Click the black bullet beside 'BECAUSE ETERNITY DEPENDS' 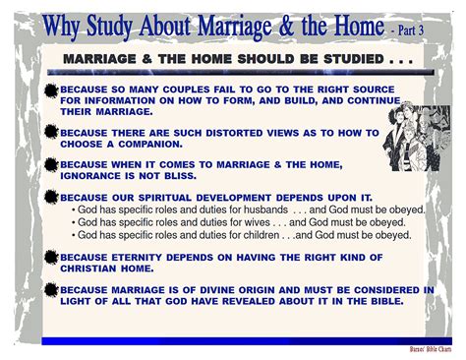coord(52,258)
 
